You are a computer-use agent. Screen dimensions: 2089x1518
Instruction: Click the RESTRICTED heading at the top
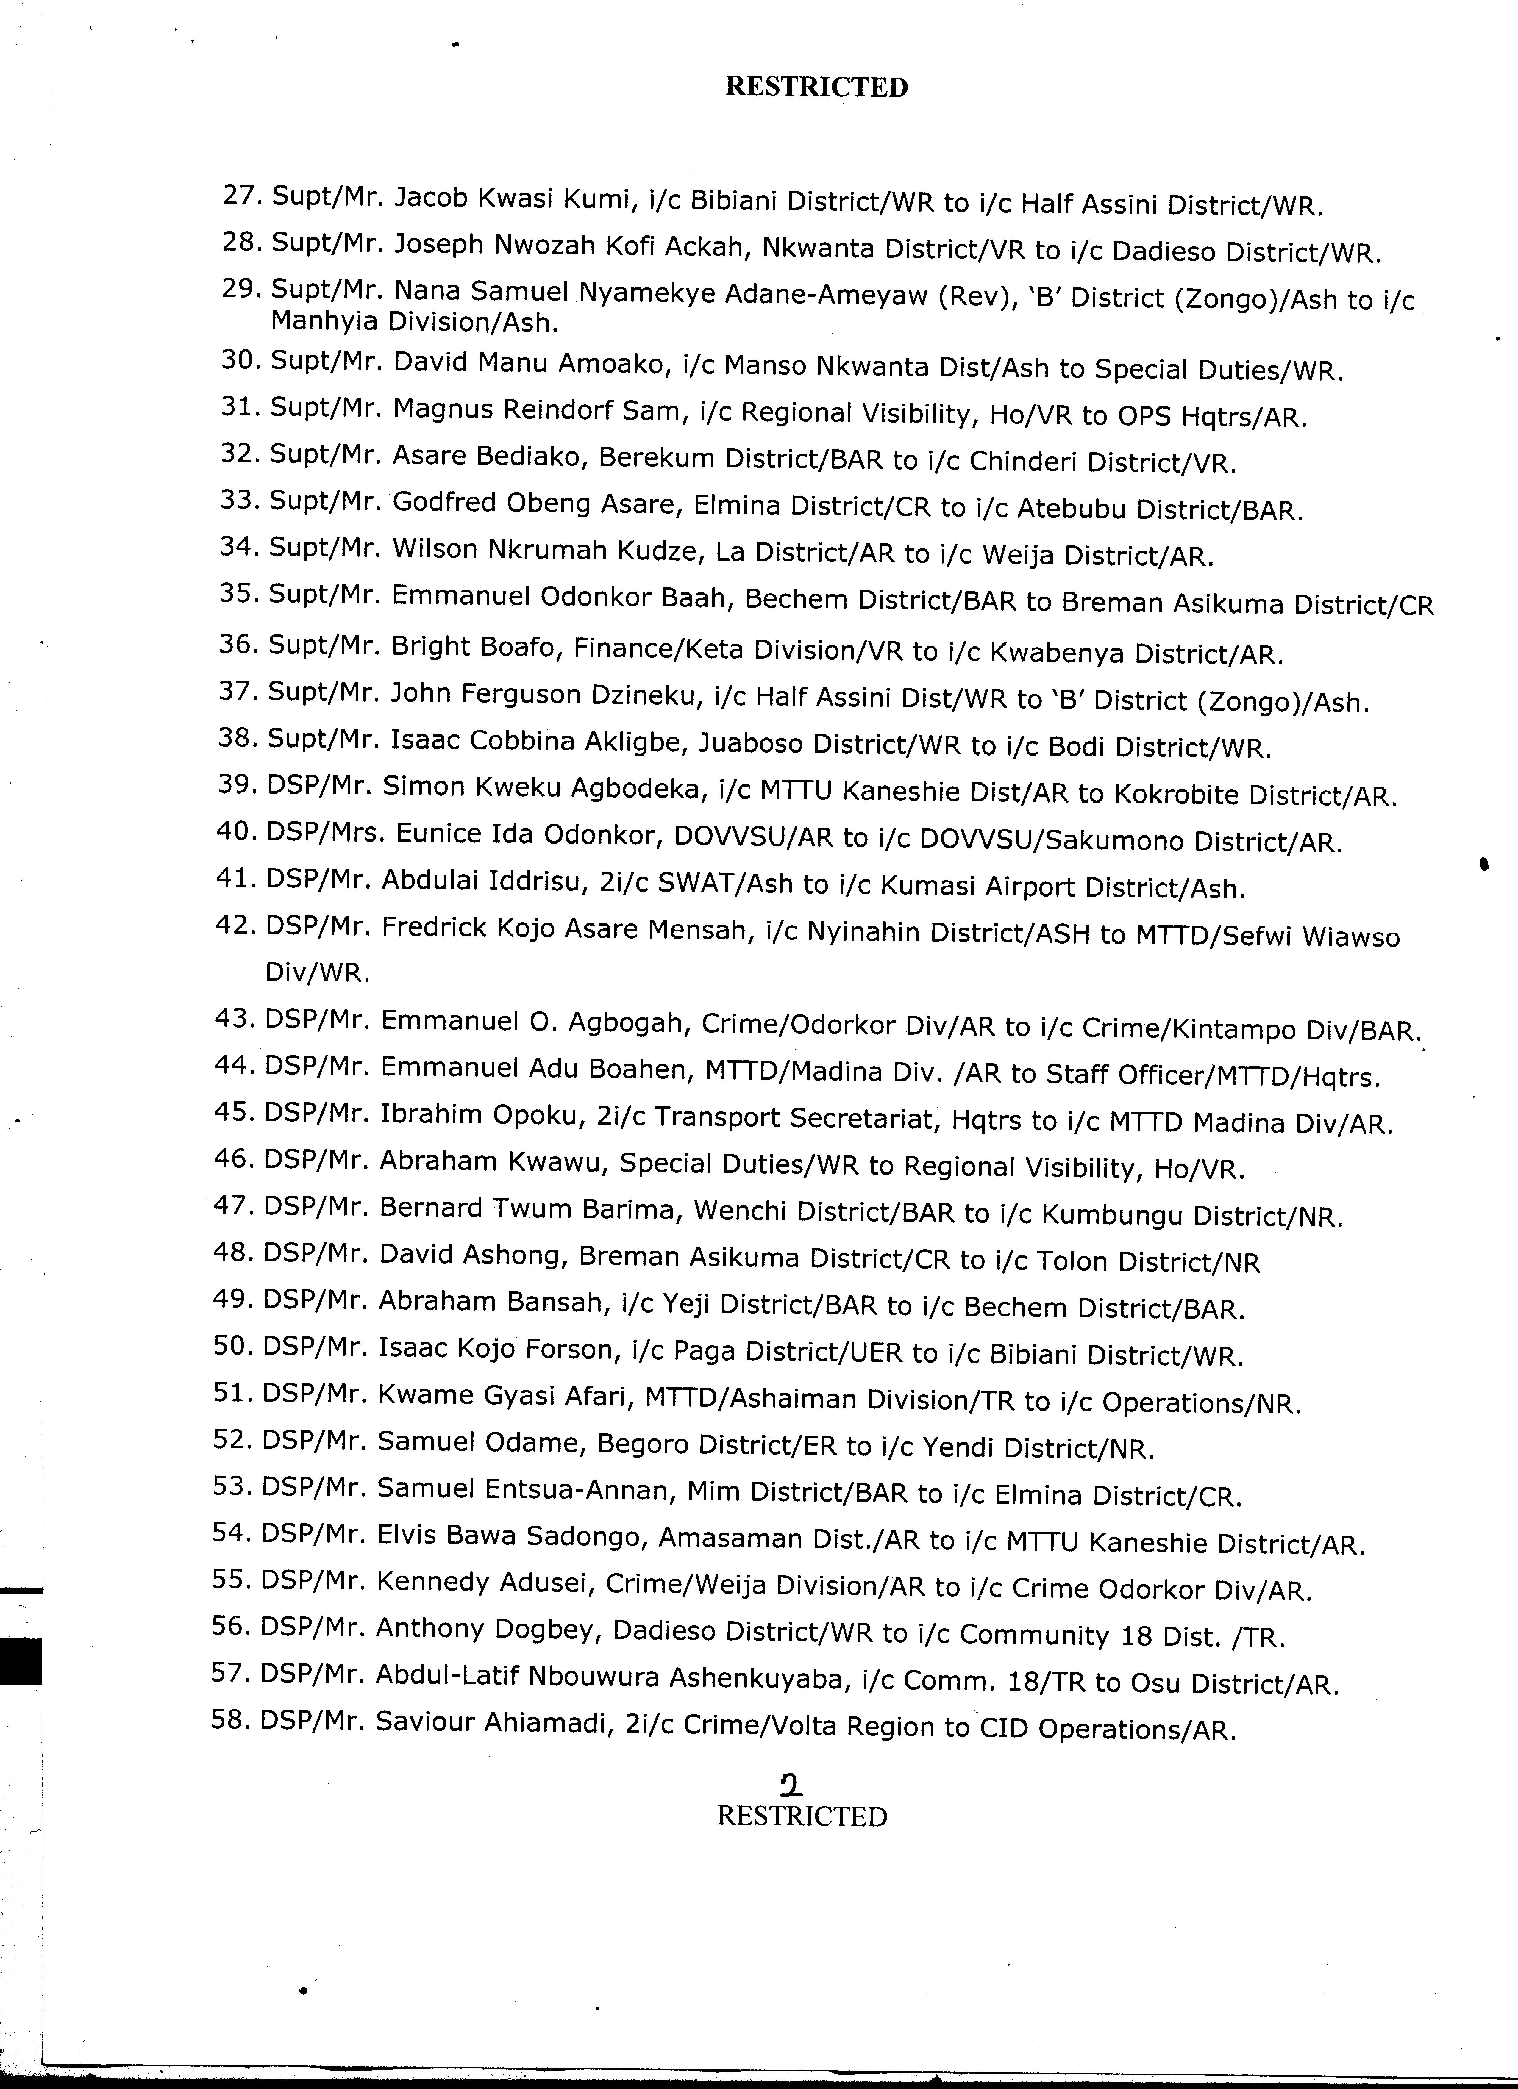click(x=816, y=87)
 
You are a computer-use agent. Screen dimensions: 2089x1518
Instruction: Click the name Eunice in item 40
click(x=438, y=834)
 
